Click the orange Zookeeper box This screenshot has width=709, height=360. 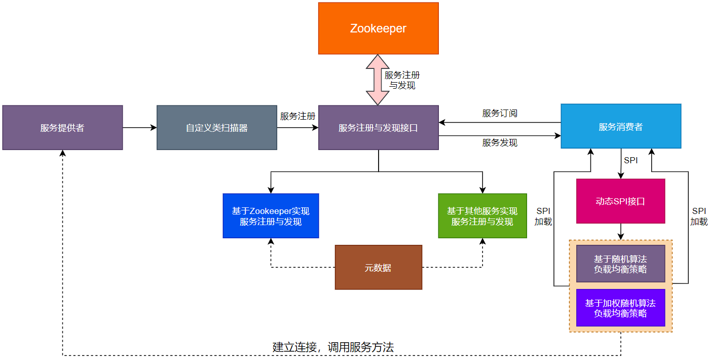tap(378, 28)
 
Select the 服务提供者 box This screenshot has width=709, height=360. tap(62, 128)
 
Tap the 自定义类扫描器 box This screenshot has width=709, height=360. tap(217, 128)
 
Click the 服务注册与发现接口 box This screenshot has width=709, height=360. tap(378, 128)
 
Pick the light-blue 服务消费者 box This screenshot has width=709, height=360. tap(621, 126)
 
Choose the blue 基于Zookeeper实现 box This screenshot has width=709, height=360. tap(271, 216)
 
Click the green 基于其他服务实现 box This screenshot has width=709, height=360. tap(482, 216)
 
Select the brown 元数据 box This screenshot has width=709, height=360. tap(378, 268)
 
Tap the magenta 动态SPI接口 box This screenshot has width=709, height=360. tap(620, 201)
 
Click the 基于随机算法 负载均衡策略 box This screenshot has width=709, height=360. tap(620, 264)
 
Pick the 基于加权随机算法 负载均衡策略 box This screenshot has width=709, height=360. tap(620, 308)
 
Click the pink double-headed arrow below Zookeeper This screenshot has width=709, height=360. tap(375, 80)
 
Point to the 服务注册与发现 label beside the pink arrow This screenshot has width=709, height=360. tap(402, 80)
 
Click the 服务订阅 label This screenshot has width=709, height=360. tap(500, 113)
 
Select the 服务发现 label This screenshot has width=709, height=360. tap(500, 143)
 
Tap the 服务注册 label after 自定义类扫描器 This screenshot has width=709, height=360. tap(297, 116)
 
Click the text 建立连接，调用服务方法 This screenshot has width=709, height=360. tap(333, 347)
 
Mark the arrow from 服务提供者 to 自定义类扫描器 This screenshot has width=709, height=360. tap(140, 128)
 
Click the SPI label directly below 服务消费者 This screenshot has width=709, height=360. tap(631, 161)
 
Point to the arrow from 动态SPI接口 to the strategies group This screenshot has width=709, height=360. tap(620, 232)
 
